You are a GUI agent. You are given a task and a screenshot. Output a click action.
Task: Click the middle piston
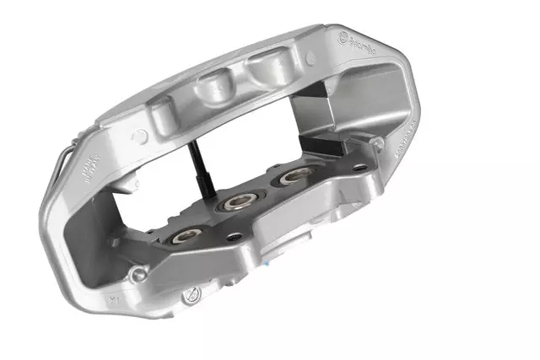point(234,202)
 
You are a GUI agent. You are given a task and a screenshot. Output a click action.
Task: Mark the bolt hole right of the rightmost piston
point(360,167)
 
